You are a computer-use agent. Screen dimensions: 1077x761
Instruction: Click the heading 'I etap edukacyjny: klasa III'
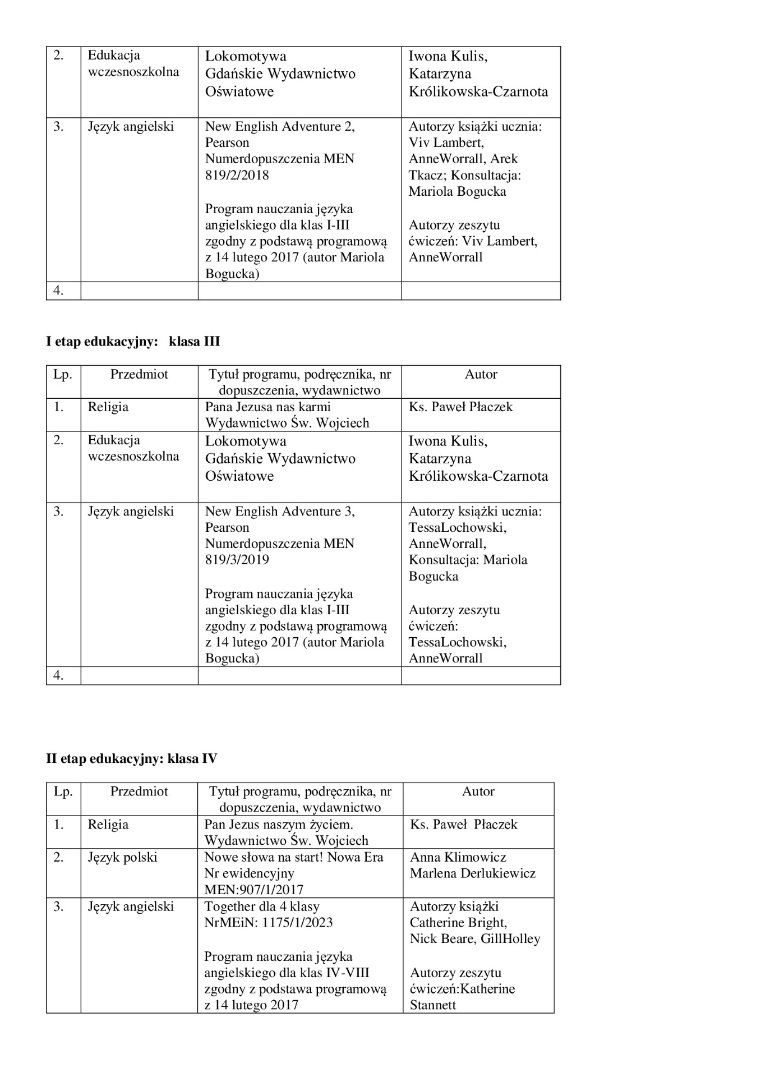(133, 342)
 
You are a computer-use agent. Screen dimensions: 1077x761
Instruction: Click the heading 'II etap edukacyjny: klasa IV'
(131, 759)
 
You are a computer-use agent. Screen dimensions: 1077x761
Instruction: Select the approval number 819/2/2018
(237, 175)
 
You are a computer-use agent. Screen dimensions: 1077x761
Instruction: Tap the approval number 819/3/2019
(237, 560)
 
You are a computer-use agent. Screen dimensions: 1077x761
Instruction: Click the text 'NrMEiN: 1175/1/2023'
(268, 923)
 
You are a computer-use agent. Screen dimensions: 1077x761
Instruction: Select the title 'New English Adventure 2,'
(280, 127)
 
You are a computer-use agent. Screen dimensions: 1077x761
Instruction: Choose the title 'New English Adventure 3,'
(280, 512)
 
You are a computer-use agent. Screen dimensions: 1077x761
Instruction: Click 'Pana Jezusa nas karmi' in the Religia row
(267, 407)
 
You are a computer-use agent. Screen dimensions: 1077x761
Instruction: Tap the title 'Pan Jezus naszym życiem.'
(278, 825)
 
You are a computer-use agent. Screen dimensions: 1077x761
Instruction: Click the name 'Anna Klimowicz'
(458, 857)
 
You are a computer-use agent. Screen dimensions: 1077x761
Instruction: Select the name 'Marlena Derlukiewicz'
(472, 873)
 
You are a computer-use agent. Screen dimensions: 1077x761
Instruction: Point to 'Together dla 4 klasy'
(261, 906)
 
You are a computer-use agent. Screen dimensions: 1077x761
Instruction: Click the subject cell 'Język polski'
(122, 857)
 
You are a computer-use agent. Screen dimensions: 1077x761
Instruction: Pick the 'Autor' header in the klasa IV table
(478, 791)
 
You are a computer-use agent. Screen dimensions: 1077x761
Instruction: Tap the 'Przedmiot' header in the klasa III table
(139, 374)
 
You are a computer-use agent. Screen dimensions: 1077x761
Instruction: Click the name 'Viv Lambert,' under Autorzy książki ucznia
(446, 142)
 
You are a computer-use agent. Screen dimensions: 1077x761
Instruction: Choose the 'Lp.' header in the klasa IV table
(63, 791)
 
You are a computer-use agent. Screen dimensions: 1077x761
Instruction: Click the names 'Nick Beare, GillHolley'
(474, 939)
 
